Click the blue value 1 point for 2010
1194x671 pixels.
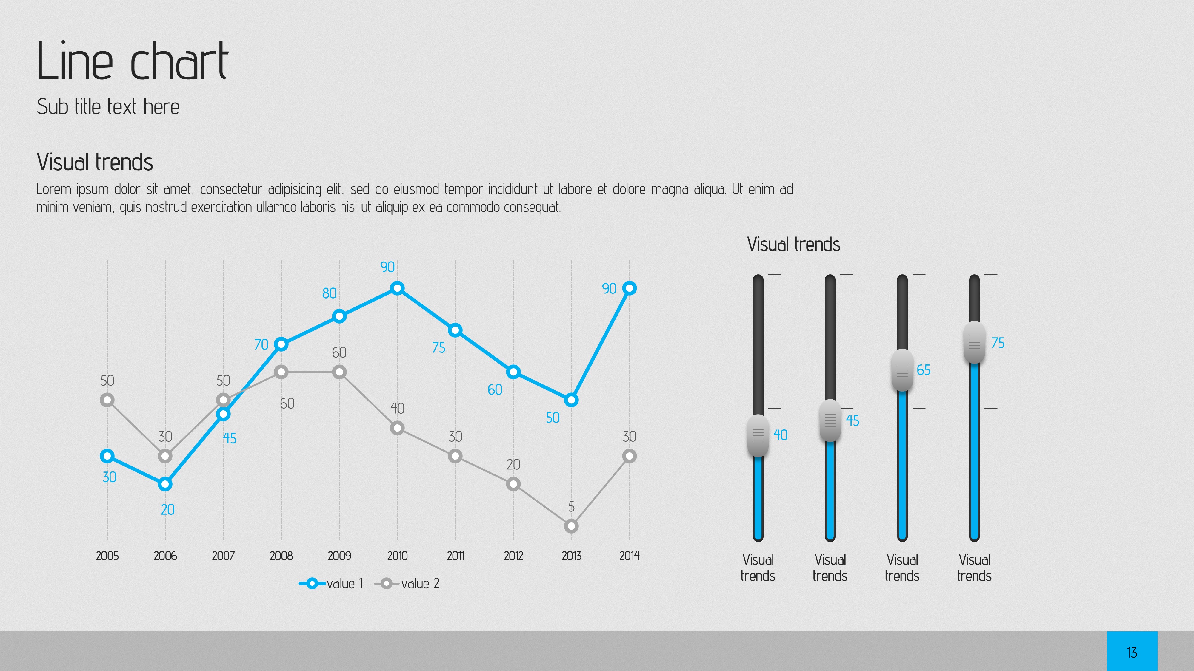point(397,288)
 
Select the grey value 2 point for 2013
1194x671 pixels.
point(572,526)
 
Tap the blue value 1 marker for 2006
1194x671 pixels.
point(165,484)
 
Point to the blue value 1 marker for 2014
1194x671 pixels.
point(630,288)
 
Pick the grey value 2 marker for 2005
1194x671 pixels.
point(107,400)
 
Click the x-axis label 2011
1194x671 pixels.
point(455,556)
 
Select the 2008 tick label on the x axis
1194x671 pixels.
point(281,556)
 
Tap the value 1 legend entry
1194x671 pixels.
point(331,584)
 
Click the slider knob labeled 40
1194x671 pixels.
point(758,435)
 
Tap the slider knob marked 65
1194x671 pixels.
point(902,370)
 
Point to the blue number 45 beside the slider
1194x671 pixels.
point(853,420)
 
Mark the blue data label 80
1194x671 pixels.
point(329,293)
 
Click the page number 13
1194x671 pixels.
point(1132,653)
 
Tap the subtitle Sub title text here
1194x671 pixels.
point(108,107)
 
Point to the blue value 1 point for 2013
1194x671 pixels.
point(572,400)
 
